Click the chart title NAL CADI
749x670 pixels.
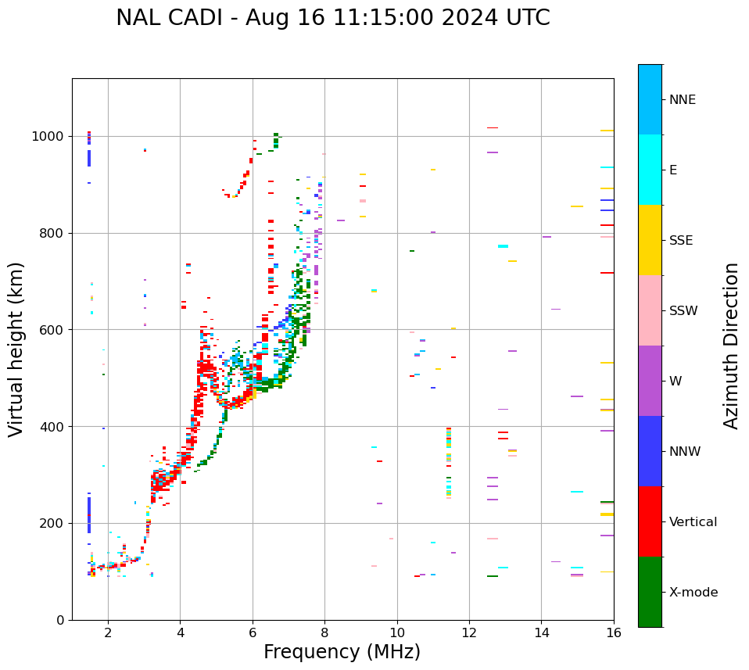(x=332, y=18)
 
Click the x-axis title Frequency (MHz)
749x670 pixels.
(x=342, y=652)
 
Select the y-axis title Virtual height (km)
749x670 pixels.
(x=16, y=349)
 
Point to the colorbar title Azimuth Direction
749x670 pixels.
(x=731, y=346)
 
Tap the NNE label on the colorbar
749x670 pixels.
(x=682, y=100)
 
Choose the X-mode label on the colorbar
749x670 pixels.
(x=693, y=593)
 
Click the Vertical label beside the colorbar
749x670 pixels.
(x=693, y=522)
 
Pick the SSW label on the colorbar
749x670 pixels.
(x=683, y=311)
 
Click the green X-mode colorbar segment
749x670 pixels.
(x=650, y=592)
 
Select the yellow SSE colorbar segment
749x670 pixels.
(x=650, y=240)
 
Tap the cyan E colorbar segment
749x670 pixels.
(x=650, y=170)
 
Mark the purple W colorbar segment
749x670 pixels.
(x=650, y=381)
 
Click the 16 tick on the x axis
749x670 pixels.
(x=614, y=632)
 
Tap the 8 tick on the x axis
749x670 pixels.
(x=324, y=632)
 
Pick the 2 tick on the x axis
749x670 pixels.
(x=108, y=632)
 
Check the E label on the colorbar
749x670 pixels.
(x=673, y=170)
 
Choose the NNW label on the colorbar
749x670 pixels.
(x=685, y=452)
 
